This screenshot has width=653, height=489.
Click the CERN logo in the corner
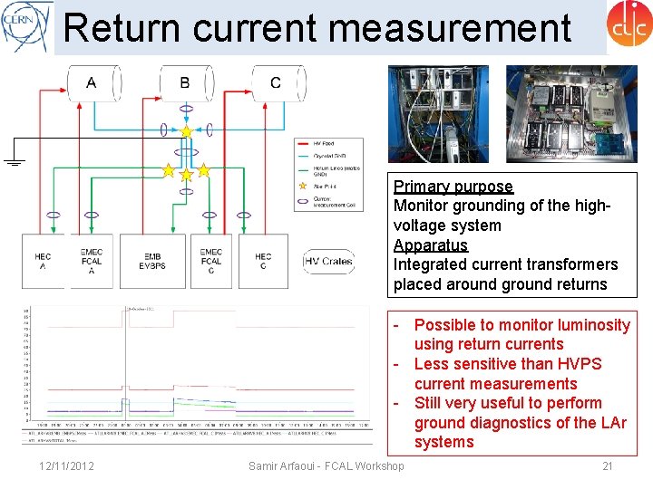tap(24, 26)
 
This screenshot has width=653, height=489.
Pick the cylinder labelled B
tap(185, 83)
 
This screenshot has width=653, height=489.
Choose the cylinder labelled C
tap(276, 83)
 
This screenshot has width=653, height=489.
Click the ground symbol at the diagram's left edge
tap(13, 162)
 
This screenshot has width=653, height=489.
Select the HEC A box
tap(43, 262)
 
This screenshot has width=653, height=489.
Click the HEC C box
tap(263, 262)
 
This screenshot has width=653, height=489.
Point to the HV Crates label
tap(327, 262)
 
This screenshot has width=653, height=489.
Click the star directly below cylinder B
tap(186, 132)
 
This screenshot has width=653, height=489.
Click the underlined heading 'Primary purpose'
tap(453, 187)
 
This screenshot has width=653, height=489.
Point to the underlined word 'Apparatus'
tap(431, 245)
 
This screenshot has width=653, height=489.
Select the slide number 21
tap(607, 465)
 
